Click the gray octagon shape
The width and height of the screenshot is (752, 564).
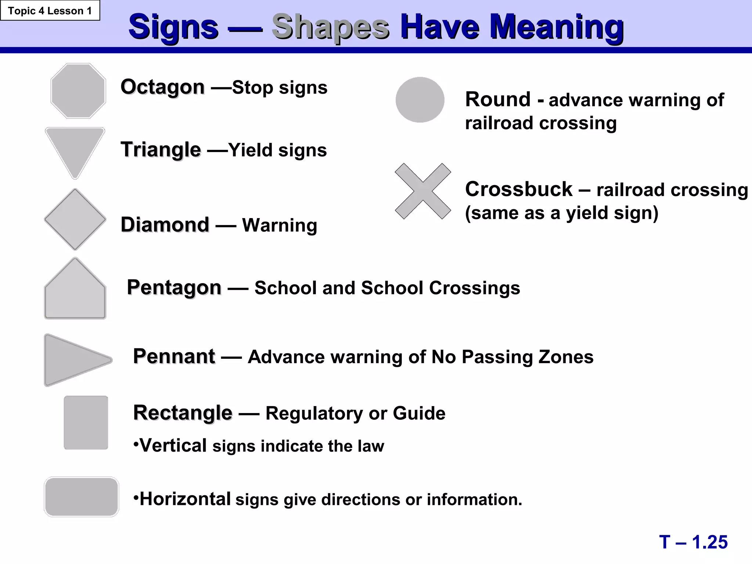pyautogui.click(x=78, y=91)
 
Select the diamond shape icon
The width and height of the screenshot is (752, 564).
pyautogui.click(x=75, y=220)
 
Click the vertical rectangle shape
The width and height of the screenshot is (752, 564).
pyautogui.click(x=86, y=422)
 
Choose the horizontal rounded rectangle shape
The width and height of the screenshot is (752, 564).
pyautogui.click(x=81, y=496)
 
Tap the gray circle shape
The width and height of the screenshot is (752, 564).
pyautogui.click(x=420, y=100)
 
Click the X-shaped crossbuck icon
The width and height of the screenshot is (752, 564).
pyautogui.click(x=423, y=191)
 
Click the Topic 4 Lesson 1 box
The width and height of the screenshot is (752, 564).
pyautogui.click(x=50, y=11)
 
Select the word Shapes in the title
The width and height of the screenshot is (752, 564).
pyautogui.click(x=330, y=27)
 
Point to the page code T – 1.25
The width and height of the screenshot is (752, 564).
pyautogui.click(x=693, y=542)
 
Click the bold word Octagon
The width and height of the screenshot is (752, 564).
pyautogui.click(x=162, y=87)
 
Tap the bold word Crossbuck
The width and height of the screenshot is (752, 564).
pyautogui.click(x=518, y=189)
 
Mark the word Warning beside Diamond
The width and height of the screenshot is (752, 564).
pyautogui.click(x=279, y=225)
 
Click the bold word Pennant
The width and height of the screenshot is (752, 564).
pyautogui.click(x=174, y=356)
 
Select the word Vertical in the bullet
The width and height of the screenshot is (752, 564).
pyautogui.click(x=173, y=445)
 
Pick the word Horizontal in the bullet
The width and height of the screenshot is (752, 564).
pyautogui.click(x=185, y=499)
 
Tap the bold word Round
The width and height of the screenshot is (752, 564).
pyautogui.click(x=498, y=100)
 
